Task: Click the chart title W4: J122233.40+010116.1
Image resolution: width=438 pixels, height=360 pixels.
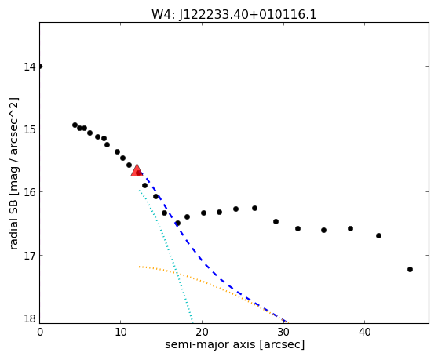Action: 234,15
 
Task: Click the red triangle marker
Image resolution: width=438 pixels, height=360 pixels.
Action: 137,171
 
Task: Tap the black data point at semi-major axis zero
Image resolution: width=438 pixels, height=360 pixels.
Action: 40,66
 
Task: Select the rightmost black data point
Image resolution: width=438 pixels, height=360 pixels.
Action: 410,269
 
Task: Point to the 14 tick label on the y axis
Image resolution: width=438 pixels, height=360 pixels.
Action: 29,67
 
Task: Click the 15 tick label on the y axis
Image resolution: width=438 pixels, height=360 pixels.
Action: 29,129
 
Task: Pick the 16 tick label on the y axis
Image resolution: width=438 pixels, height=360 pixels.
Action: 29,192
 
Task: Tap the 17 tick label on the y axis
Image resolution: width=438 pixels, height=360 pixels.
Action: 29,256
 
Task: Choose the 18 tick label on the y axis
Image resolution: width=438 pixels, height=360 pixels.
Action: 29,318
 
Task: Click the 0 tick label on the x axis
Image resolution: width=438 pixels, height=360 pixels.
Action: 40,332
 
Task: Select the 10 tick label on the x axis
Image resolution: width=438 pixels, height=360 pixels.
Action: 120,332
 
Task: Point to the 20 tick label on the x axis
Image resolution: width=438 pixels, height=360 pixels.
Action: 202,332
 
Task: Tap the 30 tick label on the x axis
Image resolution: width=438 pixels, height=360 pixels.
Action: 283,332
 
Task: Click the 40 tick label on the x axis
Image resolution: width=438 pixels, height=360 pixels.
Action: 364,332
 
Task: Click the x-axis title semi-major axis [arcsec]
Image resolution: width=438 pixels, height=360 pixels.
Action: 235,344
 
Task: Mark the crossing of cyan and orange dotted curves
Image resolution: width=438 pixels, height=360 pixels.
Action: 177,275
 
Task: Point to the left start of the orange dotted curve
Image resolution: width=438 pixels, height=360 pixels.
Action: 139,267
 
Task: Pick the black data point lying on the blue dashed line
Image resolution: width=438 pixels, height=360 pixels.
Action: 177,223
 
